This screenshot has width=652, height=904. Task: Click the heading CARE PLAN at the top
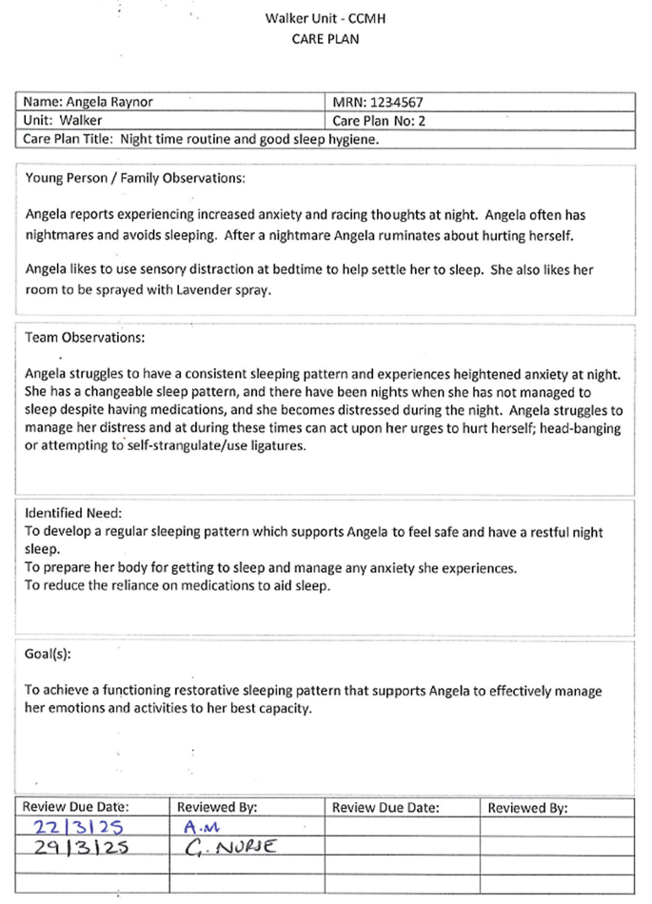pyautogui.click(x=326, y=39)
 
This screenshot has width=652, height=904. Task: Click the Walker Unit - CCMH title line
pyautogui.click(x=326, y=19)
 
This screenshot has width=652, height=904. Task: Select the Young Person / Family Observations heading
pyautogui.click(x=135, y=178)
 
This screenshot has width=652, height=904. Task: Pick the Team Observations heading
pyautogui.click(x=86, y=338)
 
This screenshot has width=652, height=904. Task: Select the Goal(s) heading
pyautogui.click(x=48, y=656)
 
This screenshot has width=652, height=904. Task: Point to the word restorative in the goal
pyautogui.click(x=250, y=691)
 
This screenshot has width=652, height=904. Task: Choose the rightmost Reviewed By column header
pyautogui.click(x=527, y=808)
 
